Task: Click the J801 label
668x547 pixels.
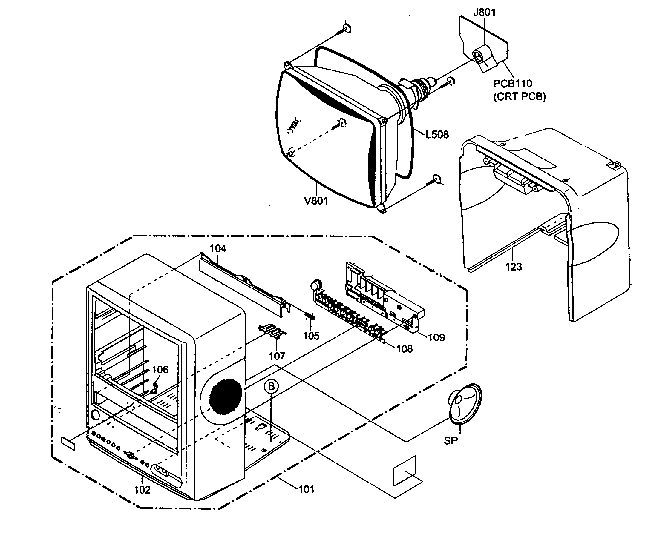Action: click(x=484, y=12)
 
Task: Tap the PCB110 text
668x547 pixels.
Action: click(x=512, y=84)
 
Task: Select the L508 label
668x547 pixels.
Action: click(x=437, y=135)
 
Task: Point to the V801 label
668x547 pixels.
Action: click(x=316, y=201)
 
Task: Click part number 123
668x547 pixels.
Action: click(x=514, y=267)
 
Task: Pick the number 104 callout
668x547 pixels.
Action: click(x=218, y=249)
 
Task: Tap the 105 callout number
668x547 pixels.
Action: click(x=311, y=336)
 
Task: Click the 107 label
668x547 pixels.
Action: click(x=277, y=356)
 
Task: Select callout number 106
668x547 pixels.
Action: click(x=160, y=370)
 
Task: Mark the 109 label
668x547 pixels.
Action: click(x=436, y=337)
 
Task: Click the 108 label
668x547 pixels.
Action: click(x=404, y=349)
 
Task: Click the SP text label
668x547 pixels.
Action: click(x=451, y=441)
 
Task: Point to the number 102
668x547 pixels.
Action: click(x=142, y=490)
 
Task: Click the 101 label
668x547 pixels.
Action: click(x=306, y=489)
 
